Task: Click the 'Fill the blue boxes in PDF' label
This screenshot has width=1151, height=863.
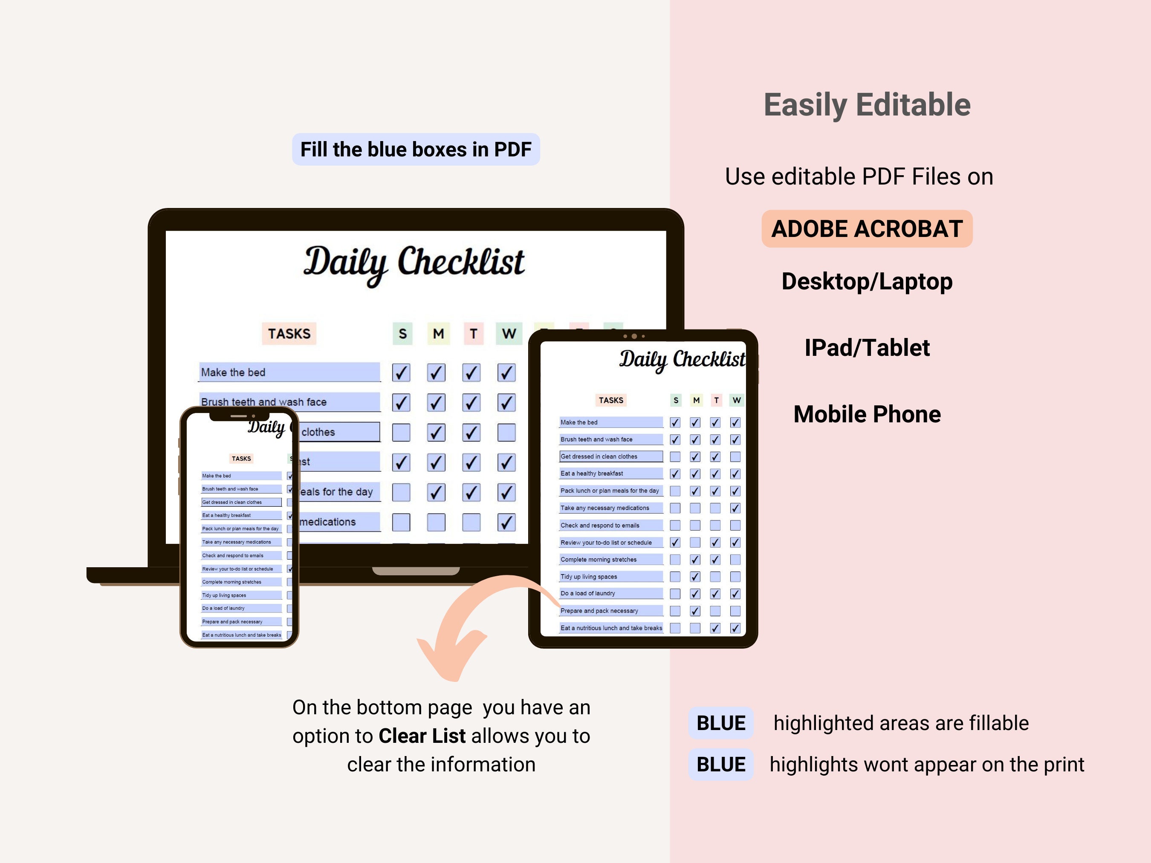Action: pos(416,149)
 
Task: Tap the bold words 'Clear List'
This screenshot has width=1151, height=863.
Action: pos(422,736)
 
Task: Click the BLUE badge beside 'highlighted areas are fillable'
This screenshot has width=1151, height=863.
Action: pos(721,723)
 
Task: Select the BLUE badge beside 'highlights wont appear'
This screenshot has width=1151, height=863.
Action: pos(721,765)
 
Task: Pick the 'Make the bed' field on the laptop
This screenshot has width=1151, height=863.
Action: pos(289,372)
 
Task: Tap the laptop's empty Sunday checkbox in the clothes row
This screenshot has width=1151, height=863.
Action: pos(401,432)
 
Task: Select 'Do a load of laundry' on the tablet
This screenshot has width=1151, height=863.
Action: pos(610,594)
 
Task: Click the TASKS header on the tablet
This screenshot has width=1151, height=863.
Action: pos(610,400)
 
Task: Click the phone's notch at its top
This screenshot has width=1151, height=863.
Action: pos(239,416)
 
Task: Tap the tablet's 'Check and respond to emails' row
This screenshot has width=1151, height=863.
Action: pos(610,525)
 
